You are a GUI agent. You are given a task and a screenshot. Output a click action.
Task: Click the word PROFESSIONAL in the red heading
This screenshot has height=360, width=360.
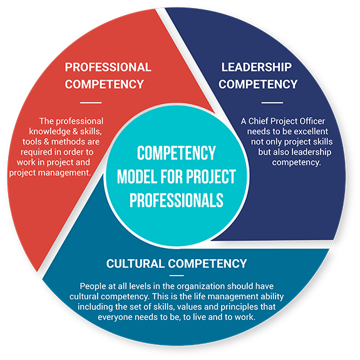(108, 67)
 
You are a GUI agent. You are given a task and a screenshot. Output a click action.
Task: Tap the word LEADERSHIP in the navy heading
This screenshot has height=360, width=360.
(257, 67)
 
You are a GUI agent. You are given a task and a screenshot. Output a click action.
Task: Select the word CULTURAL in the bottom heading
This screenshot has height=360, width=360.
(135, 264)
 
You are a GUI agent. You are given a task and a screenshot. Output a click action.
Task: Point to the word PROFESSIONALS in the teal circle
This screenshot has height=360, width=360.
(177, 200)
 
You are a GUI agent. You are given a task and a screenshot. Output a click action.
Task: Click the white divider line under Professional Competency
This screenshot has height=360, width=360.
(91, 103)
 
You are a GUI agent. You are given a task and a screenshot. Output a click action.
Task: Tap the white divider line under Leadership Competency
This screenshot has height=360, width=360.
(272, 103)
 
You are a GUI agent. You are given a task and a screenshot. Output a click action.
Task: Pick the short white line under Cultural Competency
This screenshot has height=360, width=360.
(177, 275)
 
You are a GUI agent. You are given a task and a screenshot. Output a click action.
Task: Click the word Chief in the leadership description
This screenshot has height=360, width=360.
(257, 121)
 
